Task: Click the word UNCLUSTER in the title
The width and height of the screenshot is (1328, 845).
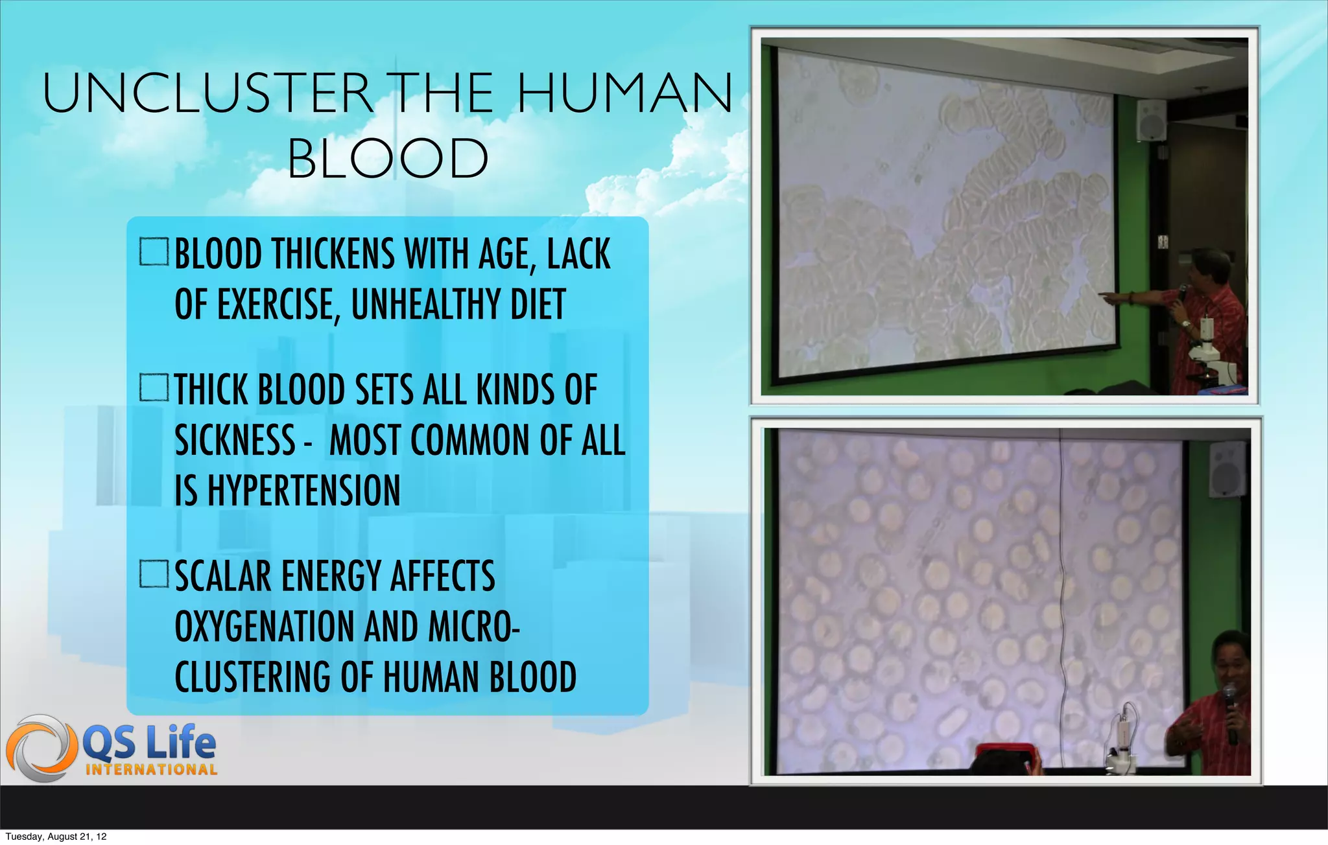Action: (207, 94)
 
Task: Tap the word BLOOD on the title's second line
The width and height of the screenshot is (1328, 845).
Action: (388, 159)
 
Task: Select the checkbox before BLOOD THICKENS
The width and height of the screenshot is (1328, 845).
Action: (154, 252)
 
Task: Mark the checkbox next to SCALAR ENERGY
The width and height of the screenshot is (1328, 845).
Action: (154, 574)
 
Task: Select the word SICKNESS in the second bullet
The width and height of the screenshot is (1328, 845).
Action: (235, 441)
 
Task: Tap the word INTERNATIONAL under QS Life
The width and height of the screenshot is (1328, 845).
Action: (151, 770)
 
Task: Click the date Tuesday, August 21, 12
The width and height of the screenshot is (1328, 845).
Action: (56, 837)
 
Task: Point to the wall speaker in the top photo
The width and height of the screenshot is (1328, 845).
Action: (1151, 120)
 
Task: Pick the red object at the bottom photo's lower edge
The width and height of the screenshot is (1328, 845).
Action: (1005, 756)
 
